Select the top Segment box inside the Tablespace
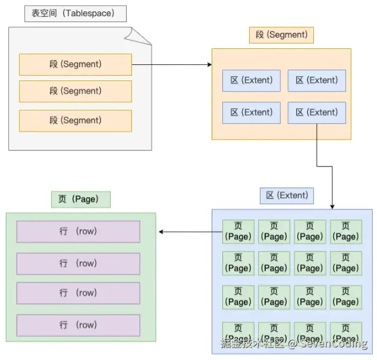tap(75, 64)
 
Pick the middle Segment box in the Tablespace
tap(75, 91)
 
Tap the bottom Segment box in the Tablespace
tap(75, 120)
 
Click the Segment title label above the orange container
tap(281, 35)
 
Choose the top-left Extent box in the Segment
tap(251, 80)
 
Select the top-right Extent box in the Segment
tap(316, 80)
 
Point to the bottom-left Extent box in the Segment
tap(251, 112)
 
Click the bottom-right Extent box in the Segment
tap(316, 112)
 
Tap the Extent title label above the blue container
tap(287, 195)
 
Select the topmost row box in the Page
tap(78, 231)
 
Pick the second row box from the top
tap(78, 263)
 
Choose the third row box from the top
tap(78, 293)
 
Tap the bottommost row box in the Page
tap(78, 325)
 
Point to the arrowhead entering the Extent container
tap(331, 205)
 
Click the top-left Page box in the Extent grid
tap(238, 231)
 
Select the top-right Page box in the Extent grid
tap(345, 231)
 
